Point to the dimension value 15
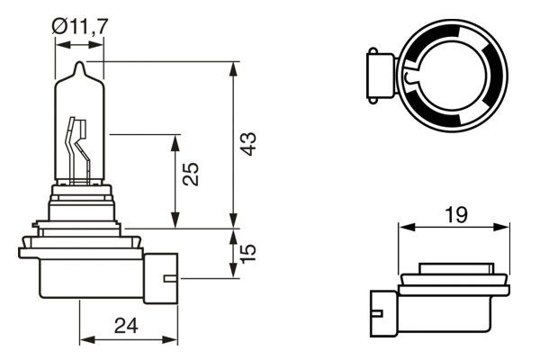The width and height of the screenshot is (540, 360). click(x=250, y=251)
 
